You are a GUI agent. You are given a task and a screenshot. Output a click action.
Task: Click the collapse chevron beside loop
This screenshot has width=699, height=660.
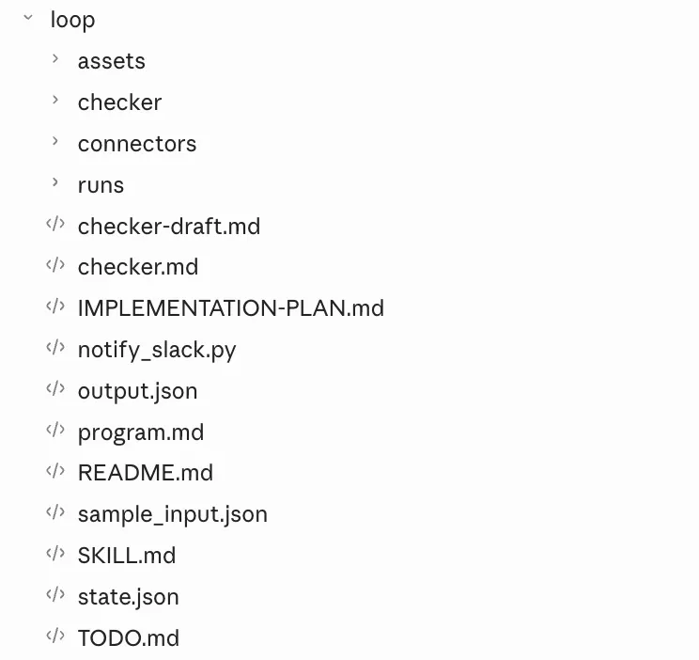[28, 18]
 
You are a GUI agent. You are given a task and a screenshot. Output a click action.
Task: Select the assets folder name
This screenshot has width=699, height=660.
[112, 61]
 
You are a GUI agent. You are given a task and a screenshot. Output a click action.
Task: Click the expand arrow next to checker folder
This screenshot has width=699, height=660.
[55, 100]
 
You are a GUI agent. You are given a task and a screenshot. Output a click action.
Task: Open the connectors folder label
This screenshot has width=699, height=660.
[137, 144]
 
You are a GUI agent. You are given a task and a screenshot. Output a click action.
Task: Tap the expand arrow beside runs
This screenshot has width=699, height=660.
[55, 182]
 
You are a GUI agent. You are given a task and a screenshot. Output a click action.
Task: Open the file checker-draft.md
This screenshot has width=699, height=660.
[169, 226]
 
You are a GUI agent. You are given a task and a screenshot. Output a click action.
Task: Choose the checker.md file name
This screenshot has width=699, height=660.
[138, 267]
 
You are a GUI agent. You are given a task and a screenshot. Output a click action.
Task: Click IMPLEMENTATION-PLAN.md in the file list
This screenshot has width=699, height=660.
[231, 308]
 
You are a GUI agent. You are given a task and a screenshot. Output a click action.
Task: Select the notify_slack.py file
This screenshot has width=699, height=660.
[157, 351]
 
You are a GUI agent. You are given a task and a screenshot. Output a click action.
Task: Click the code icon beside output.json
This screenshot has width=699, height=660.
[55, 388]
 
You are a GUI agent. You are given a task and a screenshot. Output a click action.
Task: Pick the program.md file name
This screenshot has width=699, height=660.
[141, 432]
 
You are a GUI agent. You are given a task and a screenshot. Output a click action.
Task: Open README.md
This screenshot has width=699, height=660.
[146, 473]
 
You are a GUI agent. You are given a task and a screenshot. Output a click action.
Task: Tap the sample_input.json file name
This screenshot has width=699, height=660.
[173, 514]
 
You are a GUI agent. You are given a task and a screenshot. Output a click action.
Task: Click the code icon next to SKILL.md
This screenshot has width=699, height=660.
[55, 554]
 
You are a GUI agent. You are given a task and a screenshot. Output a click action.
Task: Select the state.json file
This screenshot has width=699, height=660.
[129, 597]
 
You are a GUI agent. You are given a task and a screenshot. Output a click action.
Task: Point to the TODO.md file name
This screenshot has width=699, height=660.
[129, 637]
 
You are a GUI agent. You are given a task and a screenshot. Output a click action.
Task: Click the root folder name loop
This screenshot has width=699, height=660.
[72, 21]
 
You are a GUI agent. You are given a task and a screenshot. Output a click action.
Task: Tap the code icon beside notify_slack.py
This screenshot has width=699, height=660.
[55, 347]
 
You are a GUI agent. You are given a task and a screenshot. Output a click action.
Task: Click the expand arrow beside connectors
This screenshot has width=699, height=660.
[55, 141]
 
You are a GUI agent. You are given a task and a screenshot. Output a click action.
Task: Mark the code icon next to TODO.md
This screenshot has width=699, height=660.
[55, 636]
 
